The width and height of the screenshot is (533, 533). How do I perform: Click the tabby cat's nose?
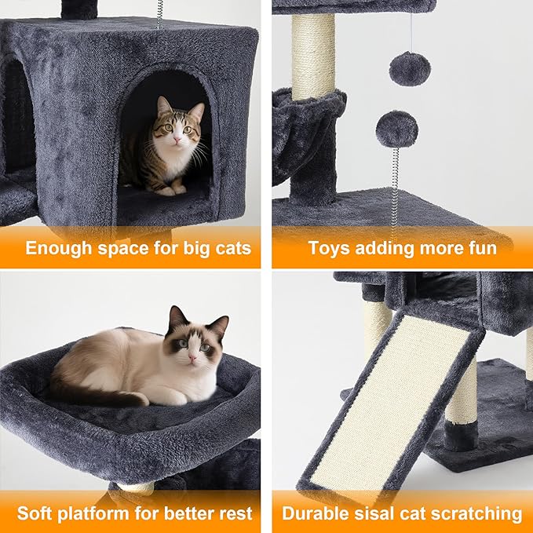tap(175, 140)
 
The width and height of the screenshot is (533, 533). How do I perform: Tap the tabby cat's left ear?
tap(195, 111)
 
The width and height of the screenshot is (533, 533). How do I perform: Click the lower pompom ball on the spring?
tap(396, 129)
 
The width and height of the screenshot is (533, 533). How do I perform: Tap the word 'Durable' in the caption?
tap(318, 513)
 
